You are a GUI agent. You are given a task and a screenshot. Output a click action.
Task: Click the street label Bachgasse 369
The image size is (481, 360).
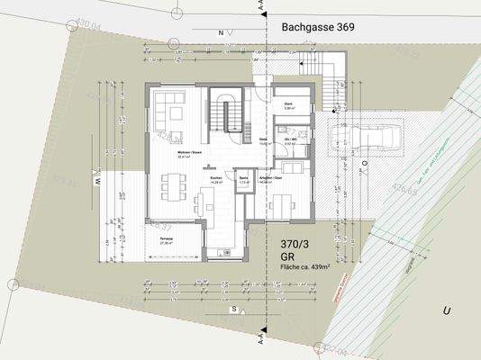point(317,29)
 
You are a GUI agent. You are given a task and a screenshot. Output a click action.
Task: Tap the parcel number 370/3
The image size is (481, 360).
point(297,245)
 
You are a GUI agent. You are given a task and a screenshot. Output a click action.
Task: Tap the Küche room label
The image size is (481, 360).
point(216,179)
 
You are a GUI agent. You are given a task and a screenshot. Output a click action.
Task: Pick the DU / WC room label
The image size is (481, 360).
point(291,141)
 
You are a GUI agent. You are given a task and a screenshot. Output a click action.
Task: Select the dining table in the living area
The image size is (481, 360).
point(172,187)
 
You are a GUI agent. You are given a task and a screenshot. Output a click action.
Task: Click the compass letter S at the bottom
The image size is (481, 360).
point(232,309)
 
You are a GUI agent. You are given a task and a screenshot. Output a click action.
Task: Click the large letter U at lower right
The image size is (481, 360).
point(445,310)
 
